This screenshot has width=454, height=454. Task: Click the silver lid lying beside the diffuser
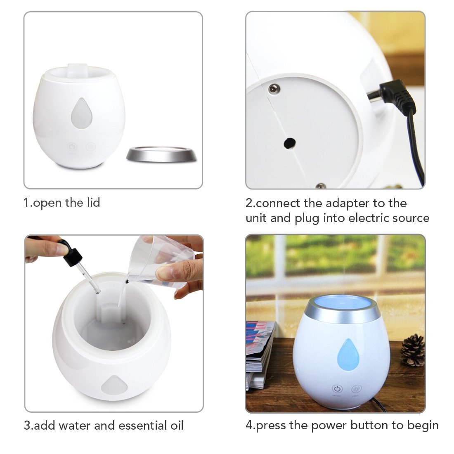(161, 154)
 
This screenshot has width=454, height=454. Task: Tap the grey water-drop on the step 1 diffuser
(82, 113)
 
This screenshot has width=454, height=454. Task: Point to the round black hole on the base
(290, 143)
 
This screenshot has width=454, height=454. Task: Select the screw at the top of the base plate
(274, 89)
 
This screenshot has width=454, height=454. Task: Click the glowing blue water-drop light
(348, 355)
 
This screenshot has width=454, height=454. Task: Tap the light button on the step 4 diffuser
(357, 389)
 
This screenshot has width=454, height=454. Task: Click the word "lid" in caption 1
(93, 202)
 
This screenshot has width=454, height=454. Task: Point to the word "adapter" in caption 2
(348, 204)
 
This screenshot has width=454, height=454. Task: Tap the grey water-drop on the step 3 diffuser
(114, 385)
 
